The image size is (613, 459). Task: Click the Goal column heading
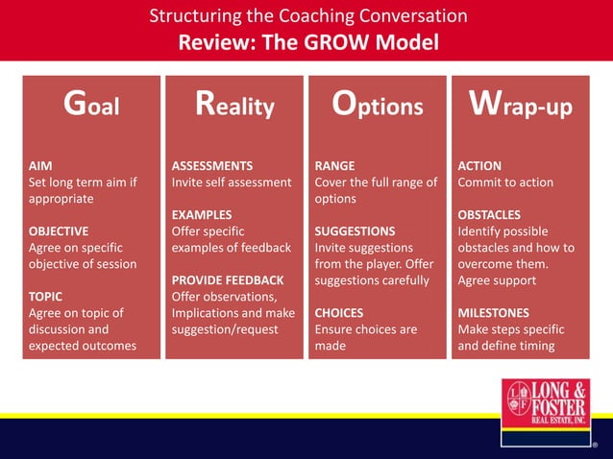(91, 105)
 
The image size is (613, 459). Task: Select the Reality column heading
(234, 105)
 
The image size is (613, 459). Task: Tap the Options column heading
(378, 105)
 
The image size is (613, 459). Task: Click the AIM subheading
(40, 165)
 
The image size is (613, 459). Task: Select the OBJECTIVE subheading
(59, 231)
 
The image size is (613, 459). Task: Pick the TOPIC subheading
(46, 297)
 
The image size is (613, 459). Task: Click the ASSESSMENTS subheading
(212, 165)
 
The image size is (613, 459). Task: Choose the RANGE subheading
(335, 165)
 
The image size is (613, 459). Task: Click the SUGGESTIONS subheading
(355, 231)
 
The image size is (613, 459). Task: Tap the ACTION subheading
(480, 165)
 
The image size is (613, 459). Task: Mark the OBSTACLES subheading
(490, 215)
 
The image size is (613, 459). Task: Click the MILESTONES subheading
(494, 313)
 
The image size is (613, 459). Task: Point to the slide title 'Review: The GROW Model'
(308, 42)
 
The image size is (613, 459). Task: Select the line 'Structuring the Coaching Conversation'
(308, 16)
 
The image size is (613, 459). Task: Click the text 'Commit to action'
(505, 181)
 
